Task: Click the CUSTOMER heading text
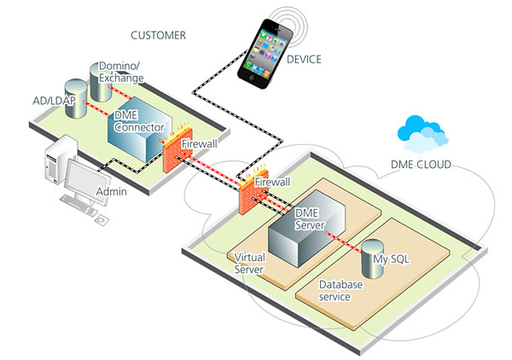(x=158, y=36)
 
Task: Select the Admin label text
(x=111, y=192)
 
